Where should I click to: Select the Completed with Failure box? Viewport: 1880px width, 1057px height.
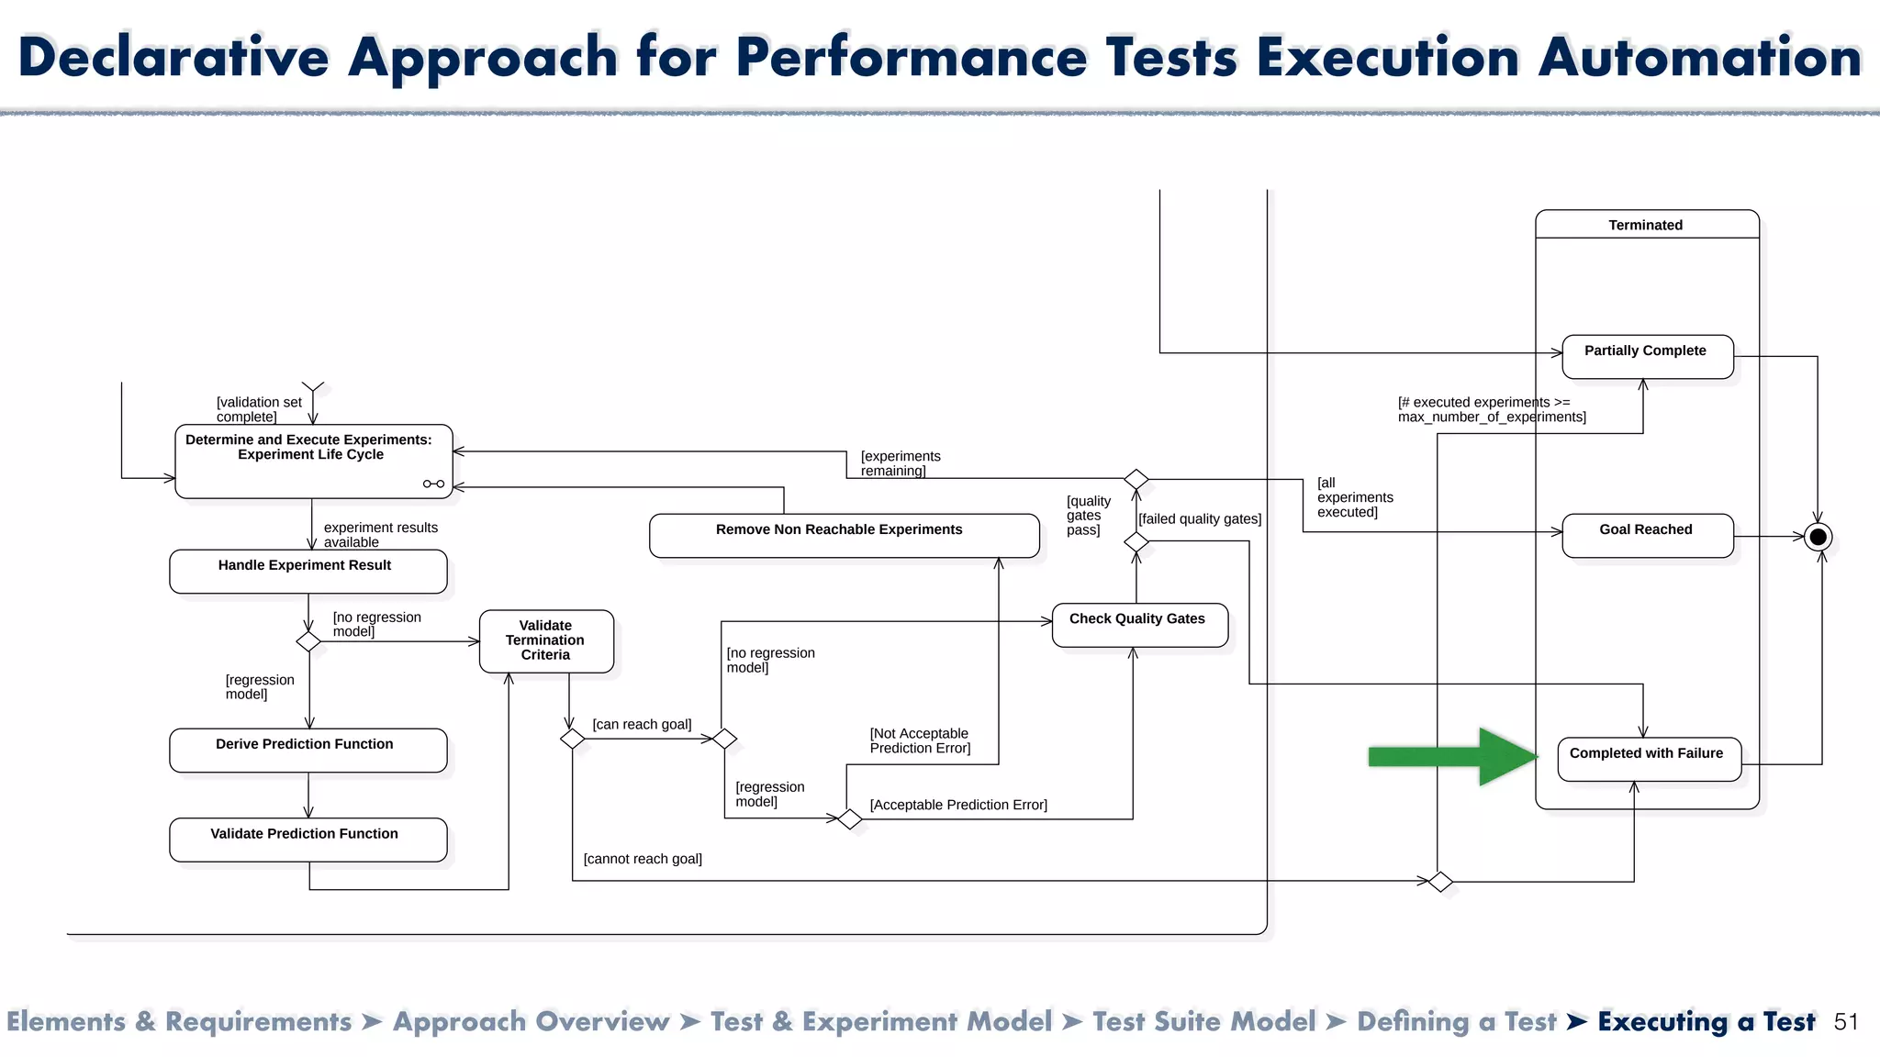pyautogui.click(x=1649, y=760)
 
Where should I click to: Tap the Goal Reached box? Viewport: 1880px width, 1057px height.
pyautogui.click(x=1647, y=535)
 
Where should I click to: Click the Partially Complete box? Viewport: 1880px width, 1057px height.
pyautogui.click(x=1647, y=356)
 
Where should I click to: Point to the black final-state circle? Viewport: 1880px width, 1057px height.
pyautogui.click(x=1818, y=537)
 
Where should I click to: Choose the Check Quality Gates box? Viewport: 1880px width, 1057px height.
pyautogui.click(x=1138, y=625)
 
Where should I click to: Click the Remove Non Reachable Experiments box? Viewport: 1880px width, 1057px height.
pyautogui.click(x=843, y=535)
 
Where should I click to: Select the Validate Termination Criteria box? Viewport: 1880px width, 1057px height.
pyautogui.click(x=546, y=640)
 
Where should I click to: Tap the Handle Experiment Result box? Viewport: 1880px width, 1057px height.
pyautogui.click(x=308, y=571)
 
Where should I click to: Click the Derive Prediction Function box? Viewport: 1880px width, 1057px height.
pyautogui.click(x=308, y=750)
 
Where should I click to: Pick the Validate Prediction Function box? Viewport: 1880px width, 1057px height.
pyautogui.click(x=308, y=839)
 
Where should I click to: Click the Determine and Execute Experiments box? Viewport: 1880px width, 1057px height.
pyautogui.click(x=312, y=461)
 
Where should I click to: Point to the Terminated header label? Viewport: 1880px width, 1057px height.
pyautogui.click(x=1645, y=225)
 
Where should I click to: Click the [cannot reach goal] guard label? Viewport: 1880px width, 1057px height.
pyautogui.click(x=643, y=859)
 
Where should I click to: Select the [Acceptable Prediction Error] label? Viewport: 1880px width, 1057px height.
pyautogui.click(x=958, y=805)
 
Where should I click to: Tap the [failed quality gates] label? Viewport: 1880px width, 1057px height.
pyautogui.click(x=1200, y=518)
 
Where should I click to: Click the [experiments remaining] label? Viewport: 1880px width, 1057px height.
pyautogui.click(x=900, y=463)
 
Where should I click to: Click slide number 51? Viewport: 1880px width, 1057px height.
pyautogui.click(x=1845, y=1022)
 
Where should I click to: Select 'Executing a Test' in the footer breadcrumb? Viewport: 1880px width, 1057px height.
pyautogui.click(x=1706, y=1022)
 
